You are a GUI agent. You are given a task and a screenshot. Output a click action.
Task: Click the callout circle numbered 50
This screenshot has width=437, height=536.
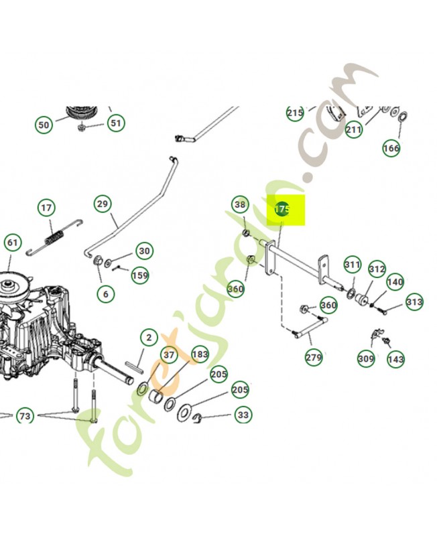(x=44, y=125)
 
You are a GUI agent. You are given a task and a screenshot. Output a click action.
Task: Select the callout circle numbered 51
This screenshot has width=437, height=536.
(x=117, y=123)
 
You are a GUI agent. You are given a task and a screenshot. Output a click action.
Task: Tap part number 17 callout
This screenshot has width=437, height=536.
(x=46, y=208)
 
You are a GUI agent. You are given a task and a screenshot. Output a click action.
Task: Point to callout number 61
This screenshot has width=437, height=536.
(x=12, y=243)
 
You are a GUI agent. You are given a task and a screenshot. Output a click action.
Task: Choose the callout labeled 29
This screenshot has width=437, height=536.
(x=103, y=204)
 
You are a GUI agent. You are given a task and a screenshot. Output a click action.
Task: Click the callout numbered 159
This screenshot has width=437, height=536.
(x=139, y=275)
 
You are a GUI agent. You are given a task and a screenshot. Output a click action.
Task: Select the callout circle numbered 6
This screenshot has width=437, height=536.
(x=105, y=293)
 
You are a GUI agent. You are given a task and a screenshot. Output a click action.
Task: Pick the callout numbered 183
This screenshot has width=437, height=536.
(x=200, y=354)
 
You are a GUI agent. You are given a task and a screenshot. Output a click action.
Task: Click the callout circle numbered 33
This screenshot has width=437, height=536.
(x=243, y=415)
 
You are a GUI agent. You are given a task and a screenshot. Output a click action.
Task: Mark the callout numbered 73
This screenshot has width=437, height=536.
(x=25, y=417)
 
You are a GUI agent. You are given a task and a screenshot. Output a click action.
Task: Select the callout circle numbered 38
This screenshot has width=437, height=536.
(x=241, y=204)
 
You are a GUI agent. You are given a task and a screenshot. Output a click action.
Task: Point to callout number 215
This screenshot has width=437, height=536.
(x=295, y=113)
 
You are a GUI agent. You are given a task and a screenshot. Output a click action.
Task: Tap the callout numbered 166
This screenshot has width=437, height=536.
(x=391, y=147)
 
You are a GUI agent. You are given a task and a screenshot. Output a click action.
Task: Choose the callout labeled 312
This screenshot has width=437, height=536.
(x=377, y=269)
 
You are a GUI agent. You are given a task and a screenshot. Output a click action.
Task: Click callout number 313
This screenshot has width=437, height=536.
(x=414, y=302)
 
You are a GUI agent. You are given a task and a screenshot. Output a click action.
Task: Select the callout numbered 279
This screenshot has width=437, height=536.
(x=314, y=357)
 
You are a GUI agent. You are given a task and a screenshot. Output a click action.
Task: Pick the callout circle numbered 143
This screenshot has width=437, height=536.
(x=396, y=359)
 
